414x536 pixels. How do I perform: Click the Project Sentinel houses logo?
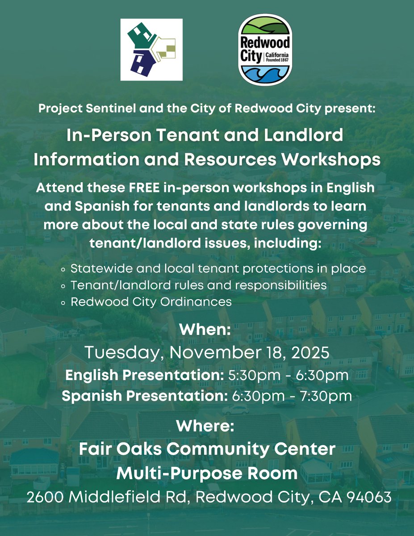(151, 50)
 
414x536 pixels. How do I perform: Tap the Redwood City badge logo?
(265, 50)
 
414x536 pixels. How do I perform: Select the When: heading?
(205, 331)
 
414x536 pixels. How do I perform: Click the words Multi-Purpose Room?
(207, 473)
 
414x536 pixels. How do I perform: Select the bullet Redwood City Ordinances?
(151, 301)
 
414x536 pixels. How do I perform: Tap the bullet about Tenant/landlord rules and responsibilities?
(199, 285)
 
